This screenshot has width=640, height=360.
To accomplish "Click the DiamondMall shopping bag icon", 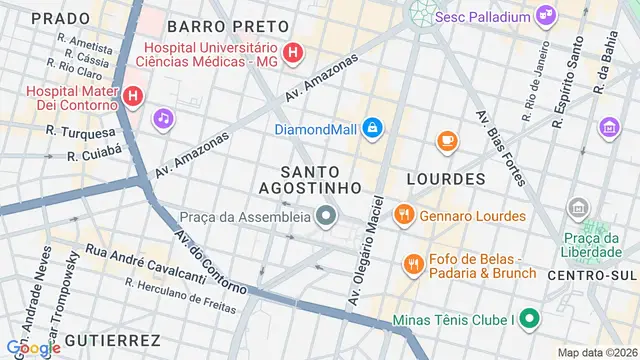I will (x=372, y=128).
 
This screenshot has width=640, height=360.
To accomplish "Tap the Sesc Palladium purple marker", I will (x=546, y=14).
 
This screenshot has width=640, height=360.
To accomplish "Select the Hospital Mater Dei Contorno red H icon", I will (x=133, y=98).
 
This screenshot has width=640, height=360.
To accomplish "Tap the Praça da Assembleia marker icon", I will (x=325, y=215).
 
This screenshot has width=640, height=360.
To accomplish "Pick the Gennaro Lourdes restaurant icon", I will (x=403, y=213).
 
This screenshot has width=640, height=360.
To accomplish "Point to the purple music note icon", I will (x=162, y=119).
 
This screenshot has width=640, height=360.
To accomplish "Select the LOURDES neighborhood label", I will (x=446, y=179).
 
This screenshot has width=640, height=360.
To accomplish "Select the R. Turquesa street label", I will (x=80, y=132).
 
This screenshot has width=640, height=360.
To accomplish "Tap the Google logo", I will (x=37, y=347).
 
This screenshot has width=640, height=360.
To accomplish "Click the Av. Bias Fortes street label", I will (x=501, y=146).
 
